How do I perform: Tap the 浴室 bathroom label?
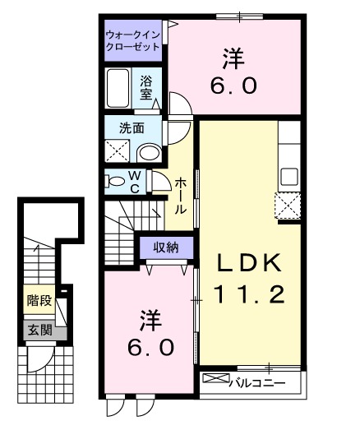146,87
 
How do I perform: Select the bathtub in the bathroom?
118,88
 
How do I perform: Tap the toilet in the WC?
116,181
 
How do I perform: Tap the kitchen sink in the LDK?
289,176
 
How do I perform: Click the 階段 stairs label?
38,300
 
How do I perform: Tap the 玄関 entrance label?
38,331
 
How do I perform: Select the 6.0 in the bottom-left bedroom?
150,347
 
